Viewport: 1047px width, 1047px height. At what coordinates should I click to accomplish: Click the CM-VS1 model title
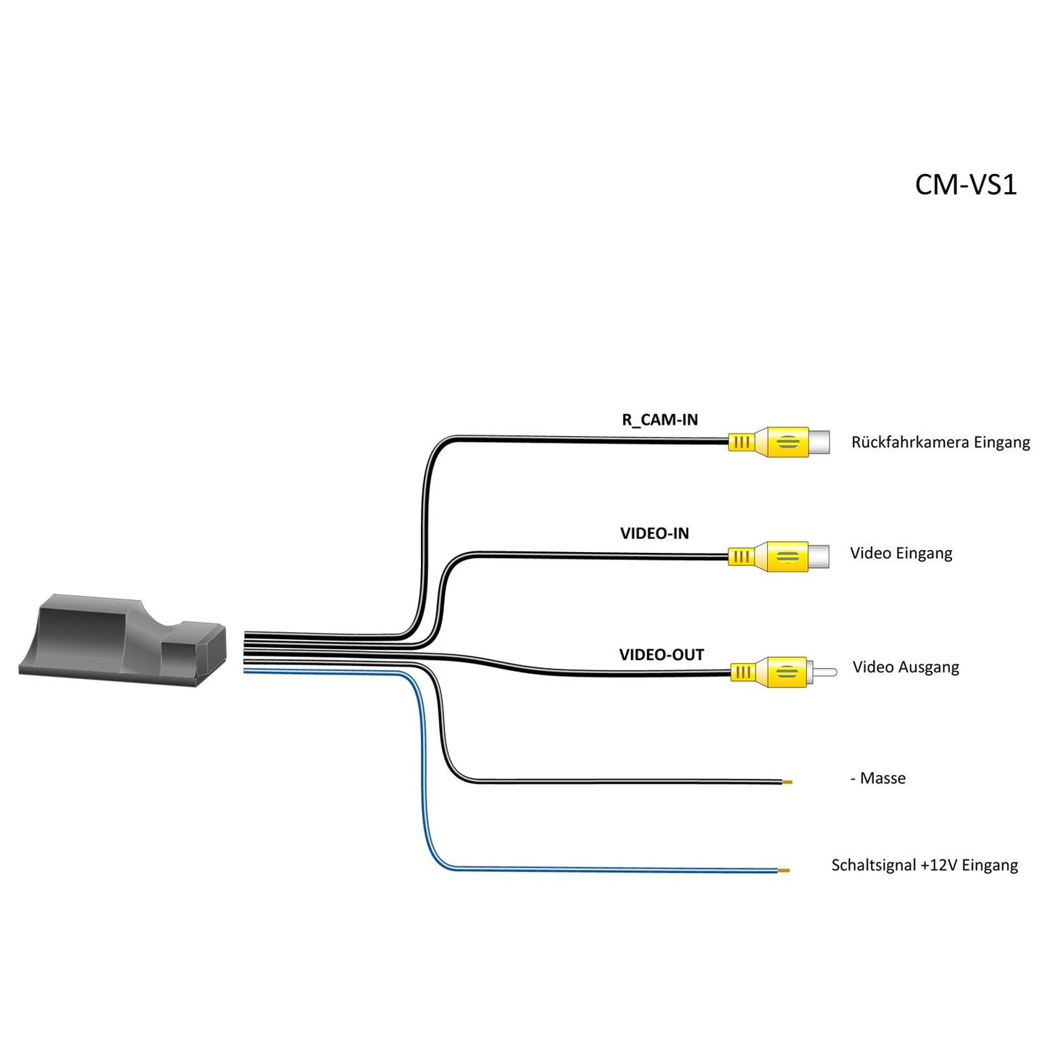pyautogui.click(x=965, y=185)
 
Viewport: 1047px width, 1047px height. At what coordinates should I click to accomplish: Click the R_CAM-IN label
pyautogui.click(x=659, y=420)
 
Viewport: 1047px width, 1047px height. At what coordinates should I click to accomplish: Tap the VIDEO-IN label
pyautogui.click(x=654, y=533)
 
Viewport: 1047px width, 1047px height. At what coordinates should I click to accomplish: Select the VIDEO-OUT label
pyautogui.click(x=661, y=655)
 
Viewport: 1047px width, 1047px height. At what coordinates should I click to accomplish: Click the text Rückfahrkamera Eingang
pyautogui.click(x=940, y=442)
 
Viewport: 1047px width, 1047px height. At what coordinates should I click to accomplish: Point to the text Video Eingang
pyautogui.click(x=901, y=554)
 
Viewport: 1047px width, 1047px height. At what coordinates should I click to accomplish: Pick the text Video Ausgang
pyautogui.click(x=905, y=667)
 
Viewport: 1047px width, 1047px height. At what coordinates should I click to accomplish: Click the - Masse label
pyautogui.click(x=878, y=778)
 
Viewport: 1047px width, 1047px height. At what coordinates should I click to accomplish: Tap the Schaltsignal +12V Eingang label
pyautogui.click(x=924, y=865)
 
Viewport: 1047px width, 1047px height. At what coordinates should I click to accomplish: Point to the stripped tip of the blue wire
pyautogui.click(x=783, y=870)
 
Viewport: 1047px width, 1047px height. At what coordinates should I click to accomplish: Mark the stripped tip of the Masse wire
pyautogui.click(x=787, y=782)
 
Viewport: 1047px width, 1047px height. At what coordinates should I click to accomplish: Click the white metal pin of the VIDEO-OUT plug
pyautogui.click(x=824, y=672)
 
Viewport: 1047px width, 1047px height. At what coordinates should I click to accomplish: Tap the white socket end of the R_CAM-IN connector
pyautogui.click(x=819, y=441)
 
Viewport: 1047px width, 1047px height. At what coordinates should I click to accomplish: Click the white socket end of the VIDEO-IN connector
pyautogui.click(x=819, y=556)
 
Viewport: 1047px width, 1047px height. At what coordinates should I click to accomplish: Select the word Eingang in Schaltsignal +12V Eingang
pyautogui.click(x=990, y=865)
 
